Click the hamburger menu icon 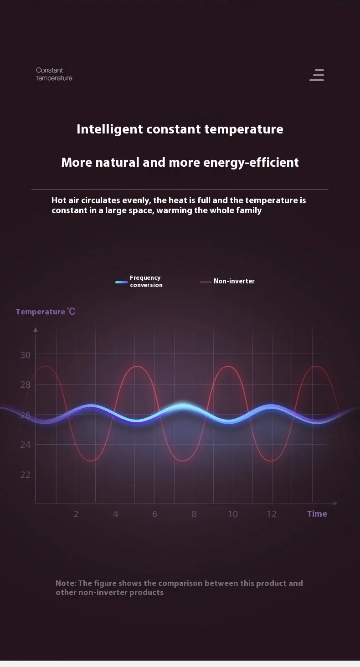coord(317,75)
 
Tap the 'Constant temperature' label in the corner coord(54,74)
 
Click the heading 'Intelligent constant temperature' coord(180,129)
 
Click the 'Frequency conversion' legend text coord(146,281)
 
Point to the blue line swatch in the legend coord(122,282)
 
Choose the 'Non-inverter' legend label coord(234,281)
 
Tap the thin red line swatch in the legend coord(206,282)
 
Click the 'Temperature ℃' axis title coord(45,312)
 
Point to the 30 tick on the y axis coord(26,355)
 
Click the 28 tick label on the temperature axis coord(26,385)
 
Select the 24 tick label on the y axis coord(26,444)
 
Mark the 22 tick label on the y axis coord(26,475)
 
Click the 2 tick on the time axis coord(76,514)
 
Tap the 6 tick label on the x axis coord(154,514)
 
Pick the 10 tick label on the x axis coord(232,514)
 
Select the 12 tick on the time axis coord(272,514)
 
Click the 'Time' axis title coord(317,513)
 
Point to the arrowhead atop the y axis coord(36,329)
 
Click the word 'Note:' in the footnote coord(66,583)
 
